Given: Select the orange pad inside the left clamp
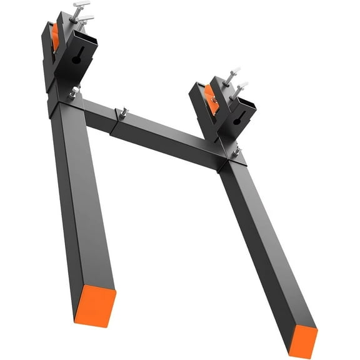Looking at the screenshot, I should coord(54,36).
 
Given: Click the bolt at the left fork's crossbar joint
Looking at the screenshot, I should coord(74,92).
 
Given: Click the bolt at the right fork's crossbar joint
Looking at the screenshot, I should coord(236,151).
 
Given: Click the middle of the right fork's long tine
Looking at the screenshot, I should coord(262,250).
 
